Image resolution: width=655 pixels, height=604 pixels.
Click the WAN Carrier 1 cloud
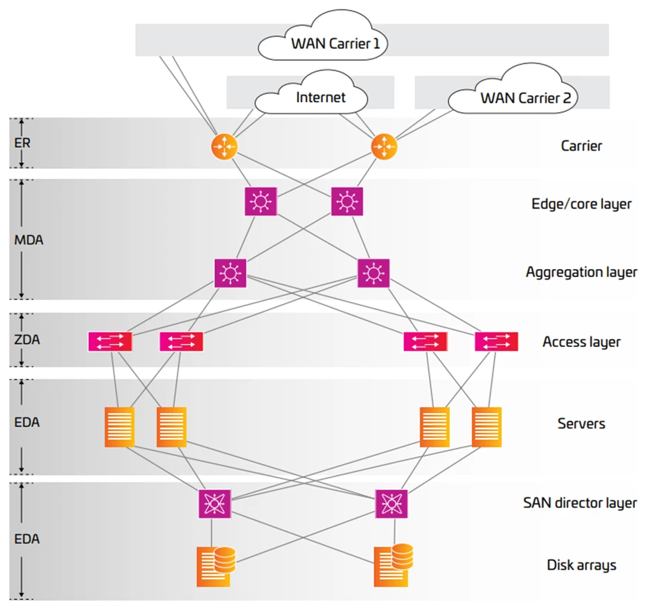[x=330, y=42]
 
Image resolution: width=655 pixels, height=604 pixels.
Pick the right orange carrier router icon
[x=383, y=146]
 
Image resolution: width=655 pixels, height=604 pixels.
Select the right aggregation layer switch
[x=373, y=273]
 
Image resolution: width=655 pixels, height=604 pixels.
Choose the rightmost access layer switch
[x=496, y=342]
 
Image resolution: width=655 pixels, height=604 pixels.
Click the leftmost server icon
[x=119, y=426]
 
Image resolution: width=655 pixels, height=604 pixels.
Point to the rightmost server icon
[x=486, y=426]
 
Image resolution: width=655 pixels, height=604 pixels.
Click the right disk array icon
[x=393, y=565]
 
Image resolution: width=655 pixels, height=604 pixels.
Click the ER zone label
[x=23, y=143]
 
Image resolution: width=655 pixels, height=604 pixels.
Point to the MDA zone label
[x=29, y=239]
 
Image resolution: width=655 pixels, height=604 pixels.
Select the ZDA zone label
[x=27, y=340]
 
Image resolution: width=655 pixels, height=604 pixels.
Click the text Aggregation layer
[x=581, y=272]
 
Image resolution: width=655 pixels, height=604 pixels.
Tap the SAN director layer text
[x=580, y=502]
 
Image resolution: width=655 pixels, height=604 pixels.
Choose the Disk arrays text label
[x=581, y=565]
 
